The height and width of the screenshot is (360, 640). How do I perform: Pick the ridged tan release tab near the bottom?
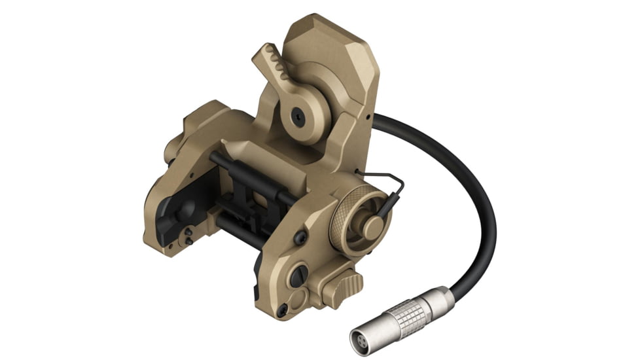tap(344, 284)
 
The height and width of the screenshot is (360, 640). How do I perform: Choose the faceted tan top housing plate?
tap(334, 59)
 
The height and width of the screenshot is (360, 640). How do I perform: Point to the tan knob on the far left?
tap(171, 151)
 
